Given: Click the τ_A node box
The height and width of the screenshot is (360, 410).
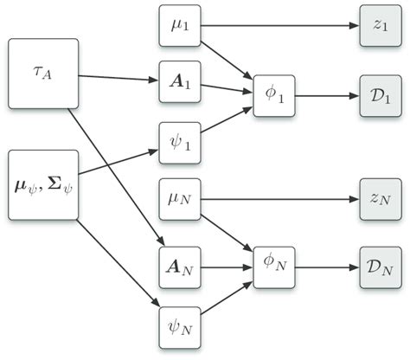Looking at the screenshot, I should [x=42, y=74].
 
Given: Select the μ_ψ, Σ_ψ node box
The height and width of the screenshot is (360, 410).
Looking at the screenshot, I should [x=42, y=185].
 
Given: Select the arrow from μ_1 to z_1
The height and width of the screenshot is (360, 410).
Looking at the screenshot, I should [x=277, y=26].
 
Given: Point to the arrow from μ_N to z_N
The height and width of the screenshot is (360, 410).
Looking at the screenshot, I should [x=277, y=199].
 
